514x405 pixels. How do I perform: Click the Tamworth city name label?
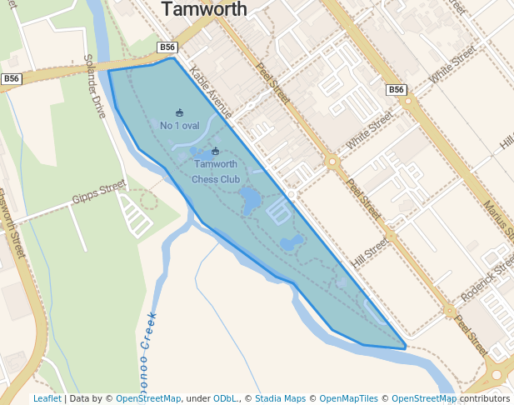(204, 10)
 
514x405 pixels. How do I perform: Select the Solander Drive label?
(94, 86)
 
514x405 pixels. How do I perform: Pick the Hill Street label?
(370, 252)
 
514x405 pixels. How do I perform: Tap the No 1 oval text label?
(179, 126)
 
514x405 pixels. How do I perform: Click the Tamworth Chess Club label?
(215, 171)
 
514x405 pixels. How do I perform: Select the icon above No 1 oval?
(179, 112)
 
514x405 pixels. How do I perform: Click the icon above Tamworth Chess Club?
(215, 152)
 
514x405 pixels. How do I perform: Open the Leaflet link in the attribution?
(47, 399)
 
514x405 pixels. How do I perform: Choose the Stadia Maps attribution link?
(280, 399)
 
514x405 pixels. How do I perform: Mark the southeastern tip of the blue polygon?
(406, 347)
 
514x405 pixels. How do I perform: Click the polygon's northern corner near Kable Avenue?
(173, 58)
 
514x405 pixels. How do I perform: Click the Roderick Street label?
(488, 279)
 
